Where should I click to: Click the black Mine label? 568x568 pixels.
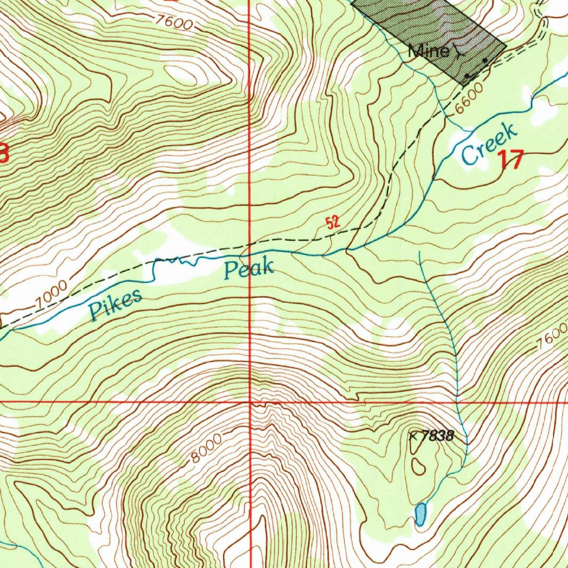pyautogui.click(x=428, y=52)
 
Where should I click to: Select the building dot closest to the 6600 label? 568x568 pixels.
pyautogui.click(x=468, y=75)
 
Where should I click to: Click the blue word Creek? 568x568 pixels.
pyautogui.click(x=489, y=145)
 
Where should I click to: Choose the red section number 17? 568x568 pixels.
pyautogui.click(x=510, y=160)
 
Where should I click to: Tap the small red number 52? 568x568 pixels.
pyautogui.click(x=333, y=223)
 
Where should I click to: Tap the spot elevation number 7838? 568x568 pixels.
pyautogui.click(x=437, y=437)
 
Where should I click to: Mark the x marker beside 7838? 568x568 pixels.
pyautogui.click(x=413, y=436)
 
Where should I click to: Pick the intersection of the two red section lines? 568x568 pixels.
pyautogui.click(x=250, y=400)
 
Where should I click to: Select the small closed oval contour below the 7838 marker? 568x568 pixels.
pyautogui.click(x=417, y=465)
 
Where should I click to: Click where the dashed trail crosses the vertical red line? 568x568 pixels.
pyautogui.click(x=250, y=243)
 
